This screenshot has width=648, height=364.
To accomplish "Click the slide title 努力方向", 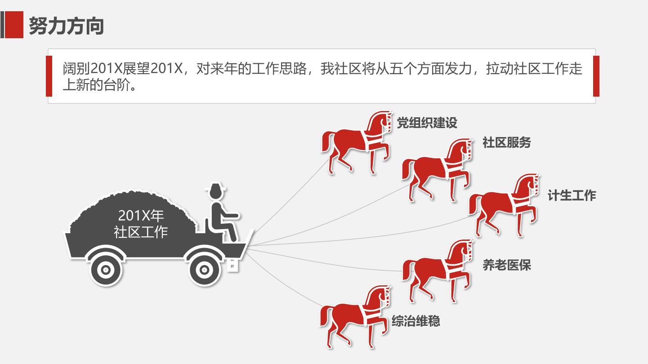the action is click(66, 26).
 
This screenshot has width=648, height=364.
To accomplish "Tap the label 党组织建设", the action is click(427, 123).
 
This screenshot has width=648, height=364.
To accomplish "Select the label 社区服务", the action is click(506, 142).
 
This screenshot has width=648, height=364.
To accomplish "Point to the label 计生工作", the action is click(572, 195).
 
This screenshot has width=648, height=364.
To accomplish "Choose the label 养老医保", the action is click(506, 265).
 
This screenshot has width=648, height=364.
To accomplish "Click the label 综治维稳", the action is click(416, 321).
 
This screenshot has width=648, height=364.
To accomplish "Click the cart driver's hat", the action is click(215, 188).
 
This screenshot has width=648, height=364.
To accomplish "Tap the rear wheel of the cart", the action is click(106, 270).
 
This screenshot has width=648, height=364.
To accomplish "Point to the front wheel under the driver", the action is click(204, 270).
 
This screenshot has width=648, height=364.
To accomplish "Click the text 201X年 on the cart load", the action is click(141, 215).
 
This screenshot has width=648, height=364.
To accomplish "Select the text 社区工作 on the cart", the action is click(141, 232).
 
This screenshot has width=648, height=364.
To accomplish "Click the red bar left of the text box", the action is click(49, 76).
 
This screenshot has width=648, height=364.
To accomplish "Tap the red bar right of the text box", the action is click(596, 76).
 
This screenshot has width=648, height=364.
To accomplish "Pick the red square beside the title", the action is click(14, 25).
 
